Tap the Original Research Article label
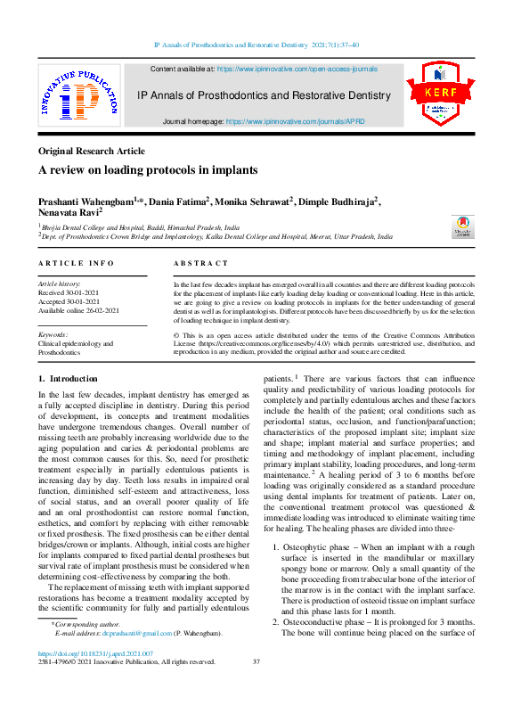(x=91, y=151)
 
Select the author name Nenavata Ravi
(x=69, y=214)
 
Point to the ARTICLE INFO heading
(x=77, y=263)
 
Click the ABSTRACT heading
(x=196, y=263)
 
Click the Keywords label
(x=53, y=334)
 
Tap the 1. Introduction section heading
(x=68, y=378)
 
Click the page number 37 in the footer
(x=256, y=661)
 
